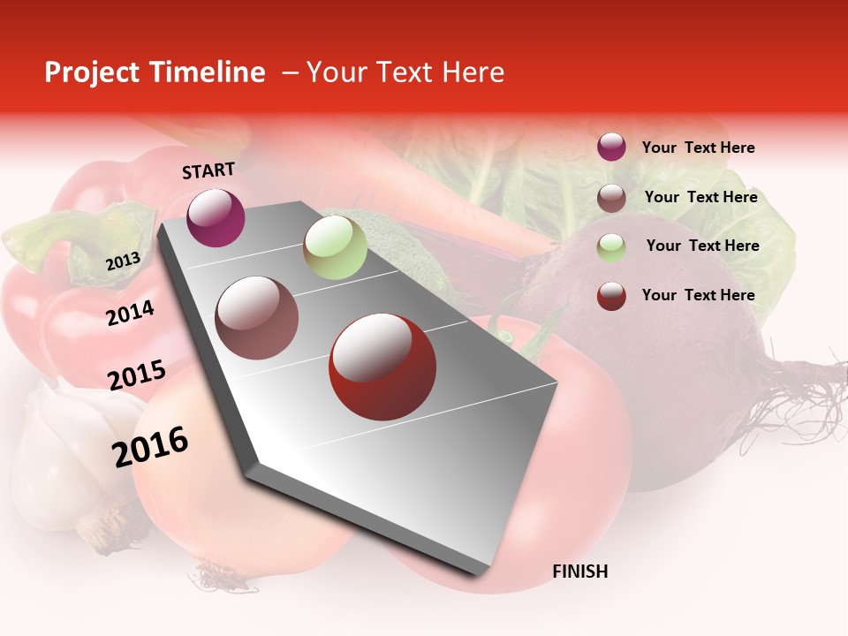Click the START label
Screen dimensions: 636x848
click(208, 170)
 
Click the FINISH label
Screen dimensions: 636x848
click(579, 572)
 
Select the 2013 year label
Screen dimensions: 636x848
click(123, 261)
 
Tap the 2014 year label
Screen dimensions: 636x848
click(130, 313)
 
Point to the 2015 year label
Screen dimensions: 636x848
click(136, 375)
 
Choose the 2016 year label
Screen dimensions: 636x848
click(150, 447)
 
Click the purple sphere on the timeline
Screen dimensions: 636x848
click(216, 217)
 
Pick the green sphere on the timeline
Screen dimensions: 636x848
click(335, 247)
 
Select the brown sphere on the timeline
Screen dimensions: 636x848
click(257, 318)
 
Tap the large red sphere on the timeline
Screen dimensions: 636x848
click(382, 367)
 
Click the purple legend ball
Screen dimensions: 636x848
click(611, 147)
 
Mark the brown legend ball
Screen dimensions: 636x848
click(611, 197)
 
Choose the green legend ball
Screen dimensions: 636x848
click(611, 246)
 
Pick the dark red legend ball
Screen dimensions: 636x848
click(611, 296)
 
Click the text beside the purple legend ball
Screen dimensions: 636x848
click(698, 148)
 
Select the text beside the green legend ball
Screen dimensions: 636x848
click(702, 246)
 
